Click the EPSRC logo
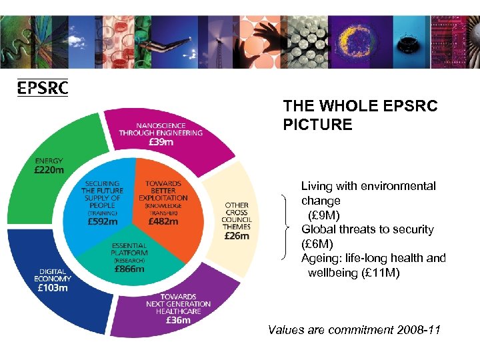pos(42,88)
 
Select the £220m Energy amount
pos(49,170)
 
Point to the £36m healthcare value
pos(178,319)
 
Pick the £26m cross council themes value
pos(237,235)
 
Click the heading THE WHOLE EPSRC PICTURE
pos(360,115)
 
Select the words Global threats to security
pos(367,229)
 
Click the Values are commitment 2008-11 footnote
pos(353,329)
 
